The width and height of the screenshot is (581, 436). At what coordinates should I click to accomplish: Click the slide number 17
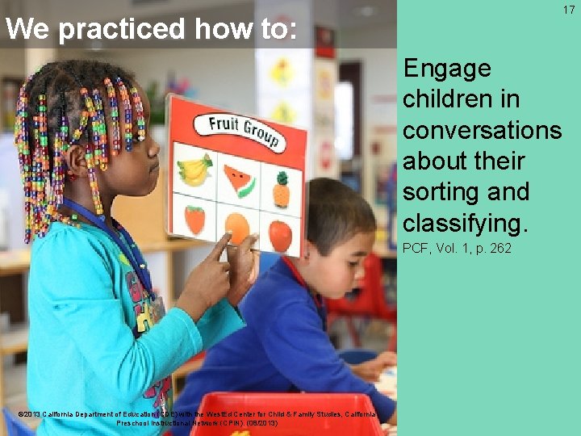coord(569,10)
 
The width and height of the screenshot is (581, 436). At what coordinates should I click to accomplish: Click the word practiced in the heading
coord(121,30)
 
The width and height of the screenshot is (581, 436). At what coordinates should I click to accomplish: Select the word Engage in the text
coord(446,69)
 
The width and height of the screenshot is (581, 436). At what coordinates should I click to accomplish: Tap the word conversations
coord(482,130)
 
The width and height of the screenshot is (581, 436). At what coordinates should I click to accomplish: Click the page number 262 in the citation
coord(497,248)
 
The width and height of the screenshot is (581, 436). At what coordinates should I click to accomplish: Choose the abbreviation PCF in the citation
coord(416,248)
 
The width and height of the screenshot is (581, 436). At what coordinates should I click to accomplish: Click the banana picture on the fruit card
coord(194,170)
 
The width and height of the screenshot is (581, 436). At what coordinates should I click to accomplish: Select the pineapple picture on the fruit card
coord(281,190)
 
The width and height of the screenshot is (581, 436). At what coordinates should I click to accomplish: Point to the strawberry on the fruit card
coord(194,219)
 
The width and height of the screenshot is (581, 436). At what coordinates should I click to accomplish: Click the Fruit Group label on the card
coord(241,132)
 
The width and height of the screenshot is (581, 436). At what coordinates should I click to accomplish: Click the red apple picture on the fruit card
coord(280,236)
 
